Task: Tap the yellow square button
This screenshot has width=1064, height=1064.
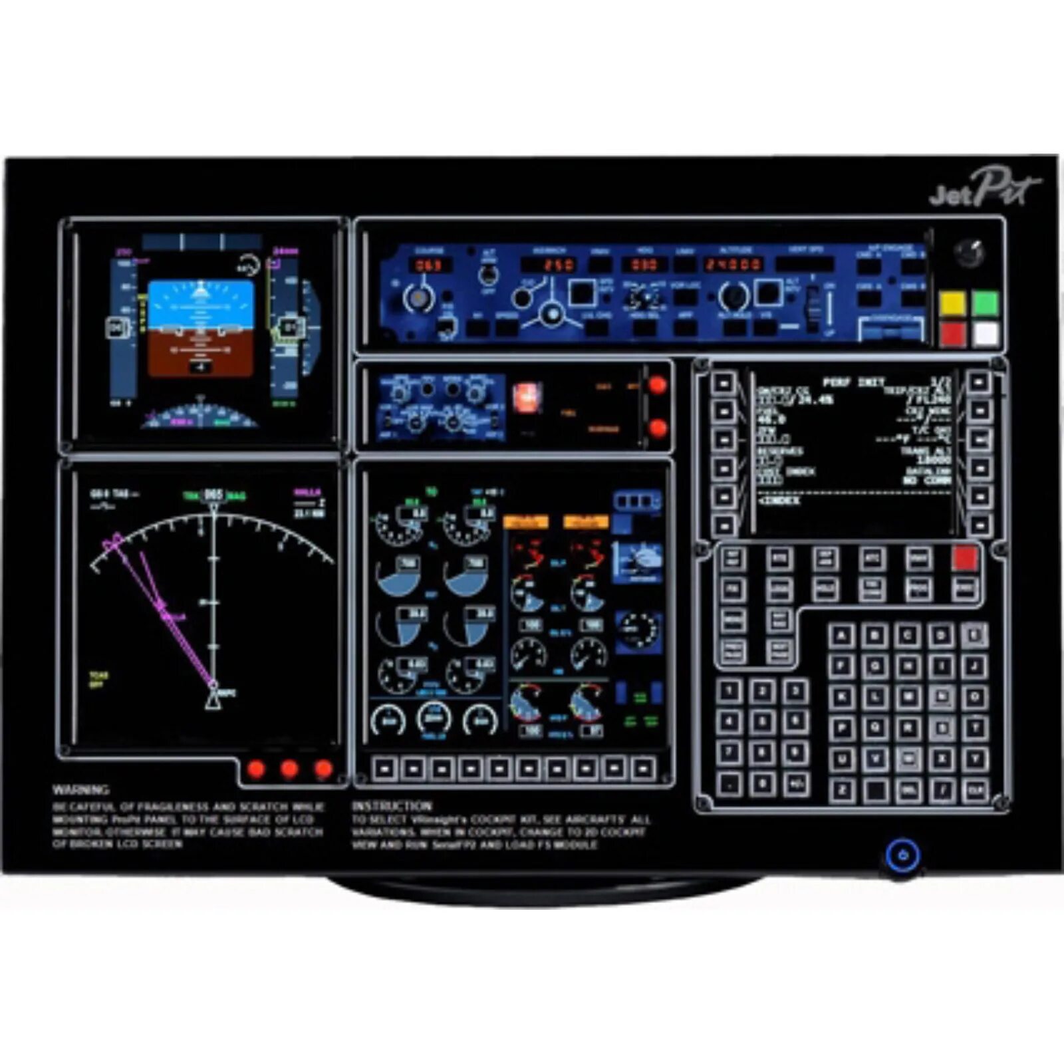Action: tap(953, 303)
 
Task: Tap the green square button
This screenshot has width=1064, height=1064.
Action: tap(986, 303)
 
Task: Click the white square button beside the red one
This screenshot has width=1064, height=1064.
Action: tap(986, 334)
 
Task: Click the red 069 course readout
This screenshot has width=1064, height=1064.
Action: tap(430, 265)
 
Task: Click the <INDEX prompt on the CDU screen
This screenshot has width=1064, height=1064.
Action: tap(779, 500)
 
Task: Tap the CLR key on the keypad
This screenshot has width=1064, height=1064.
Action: tap(976, 790)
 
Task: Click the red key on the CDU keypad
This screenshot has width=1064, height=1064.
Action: tap(965, 559)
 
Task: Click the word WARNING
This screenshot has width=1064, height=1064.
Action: tap(80, 790)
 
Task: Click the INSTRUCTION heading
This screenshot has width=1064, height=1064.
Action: tap(392, 805)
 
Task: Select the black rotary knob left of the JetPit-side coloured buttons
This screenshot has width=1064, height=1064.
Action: tap(968, 253)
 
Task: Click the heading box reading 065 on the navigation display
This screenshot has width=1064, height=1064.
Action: tap(213, 495)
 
